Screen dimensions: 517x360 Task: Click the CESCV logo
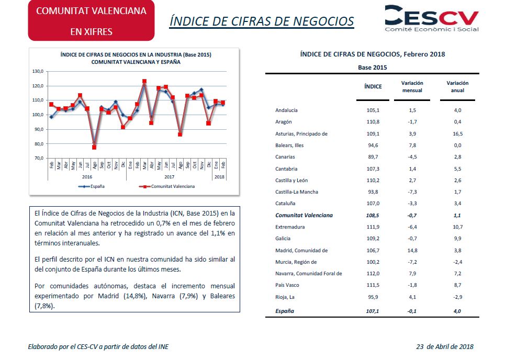pos(432,18)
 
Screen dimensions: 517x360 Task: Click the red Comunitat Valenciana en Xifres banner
pos(92,20)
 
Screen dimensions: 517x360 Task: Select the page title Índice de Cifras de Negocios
pos(262,21)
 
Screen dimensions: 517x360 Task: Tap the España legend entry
pos(92,186)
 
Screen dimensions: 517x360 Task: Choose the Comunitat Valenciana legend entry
pos(167,186)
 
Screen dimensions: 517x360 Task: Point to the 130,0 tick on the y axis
pos(38,71)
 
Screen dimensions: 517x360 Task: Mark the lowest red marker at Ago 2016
pos(94,148)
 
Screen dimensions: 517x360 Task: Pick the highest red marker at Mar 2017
pos(144,81)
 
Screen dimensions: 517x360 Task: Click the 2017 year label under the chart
pos(169,177)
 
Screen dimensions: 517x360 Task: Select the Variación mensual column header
pos(412,87)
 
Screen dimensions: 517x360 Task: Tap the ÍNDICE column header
pos(373,86)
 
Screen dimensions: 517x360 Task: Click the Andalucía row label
pos(286,110)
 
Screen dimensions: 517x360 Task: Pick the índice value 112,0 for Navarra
pos(373,273)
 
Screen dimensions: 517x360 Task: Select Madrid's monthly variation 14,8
pos(412,250)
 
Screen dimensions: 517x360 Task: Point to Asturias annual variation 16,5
pos(457,133)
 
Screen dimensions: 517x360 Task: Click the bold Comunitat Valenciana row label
pos(304,215)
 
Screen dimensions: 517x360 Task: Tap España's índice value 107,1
pos(373,311)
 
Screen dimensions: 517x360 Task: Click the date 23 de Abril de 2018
pos(445,346)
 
